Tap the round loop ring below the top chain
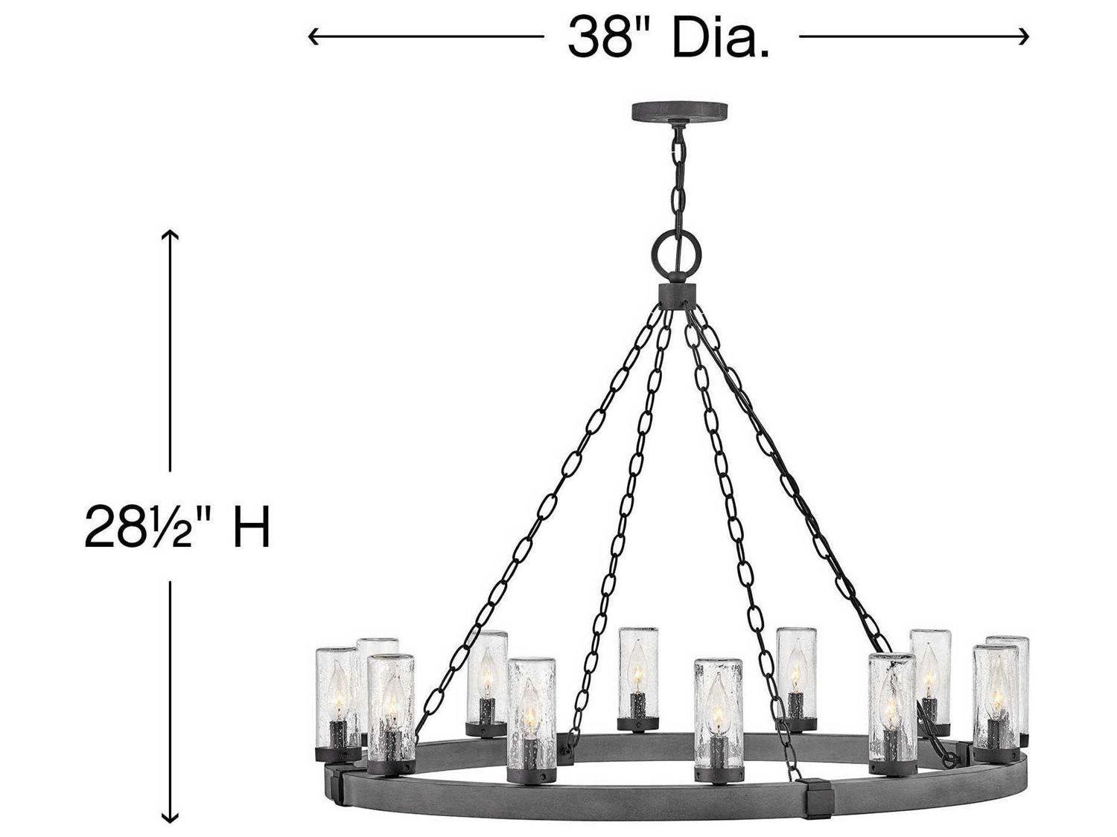[677, 251]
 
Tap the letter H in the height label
[251, 526]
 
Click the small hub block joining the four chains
[677, 292]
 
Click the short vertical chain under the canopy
[678, 179]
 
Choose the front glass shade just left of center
[531, 711]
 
